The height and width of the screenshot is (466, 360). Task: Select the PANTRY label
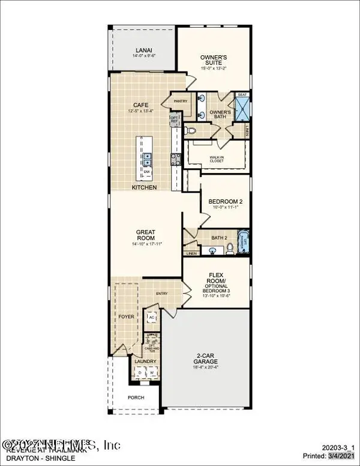point(181,101)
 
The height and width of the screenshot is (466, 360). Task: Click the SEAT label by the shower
point(242,94)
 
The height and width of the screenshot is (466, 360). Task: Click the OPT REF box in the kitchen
point(175,120)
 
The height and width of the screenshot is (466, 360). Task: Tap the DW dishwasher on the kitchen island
point(146,172)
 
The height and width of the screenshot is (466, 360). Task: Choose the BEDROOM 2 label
point(224,201)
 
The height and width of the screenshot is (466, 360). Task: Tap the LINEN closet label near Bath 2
point(191,253)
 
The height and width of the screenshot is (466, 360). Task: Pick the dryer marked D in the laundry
point(140,372)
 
